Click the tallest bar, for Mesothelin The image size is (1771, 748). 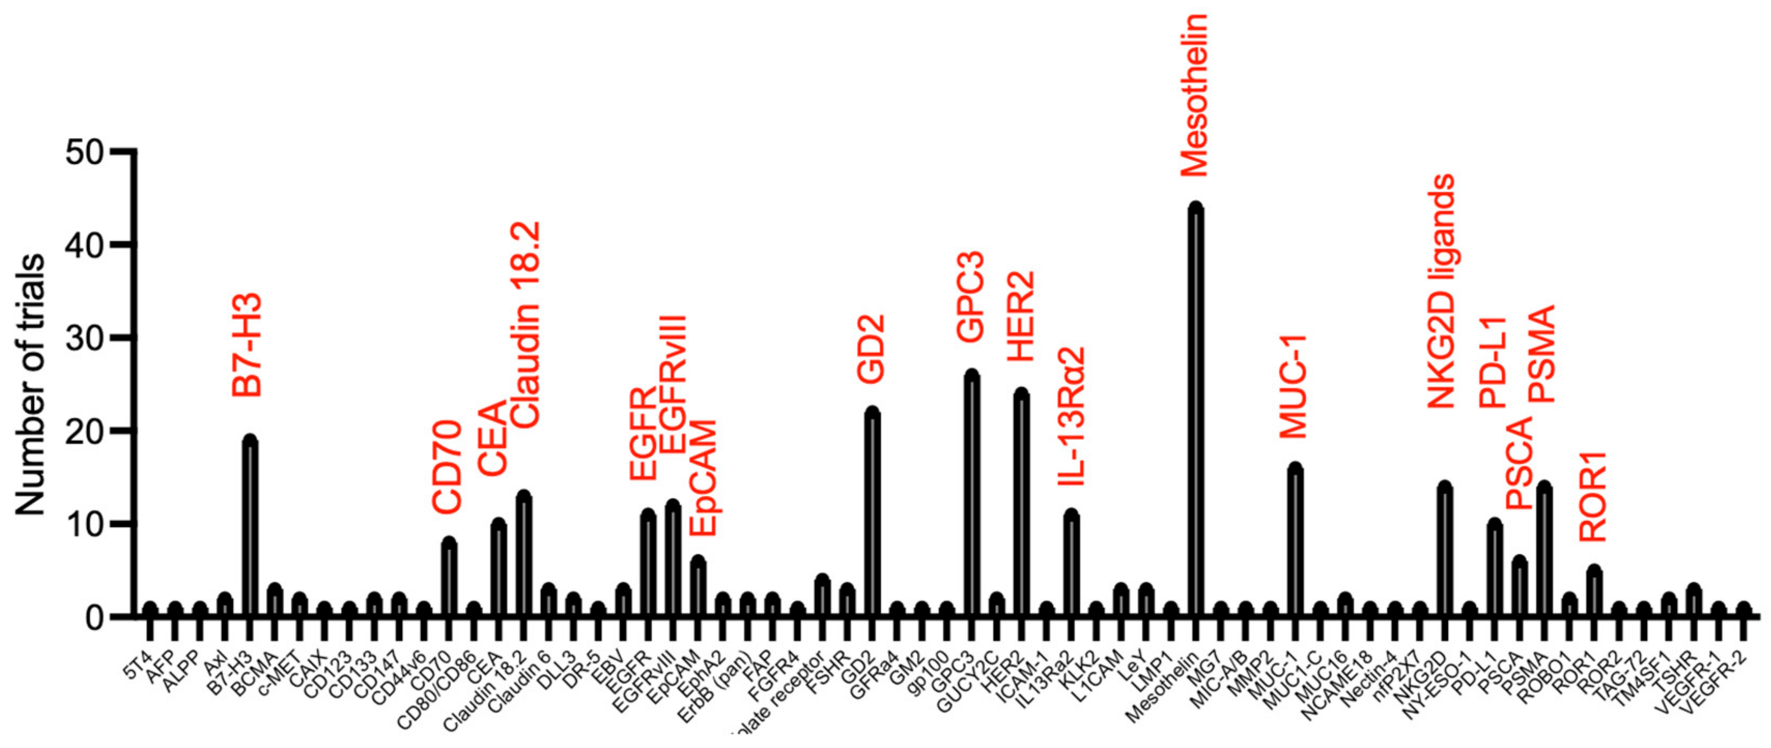[x=1196, y=413]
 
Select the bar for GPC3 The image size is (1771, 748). [x=971, y=495]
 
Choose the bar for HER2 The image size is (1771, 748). [x=1022, y=505]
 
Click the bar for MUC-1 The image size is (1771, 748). [x=1295, y=543]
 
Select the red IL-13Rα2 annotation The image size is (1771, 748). [x=1071, y=416]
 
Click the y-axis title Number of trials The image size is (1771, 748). [x=31, y=385]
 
